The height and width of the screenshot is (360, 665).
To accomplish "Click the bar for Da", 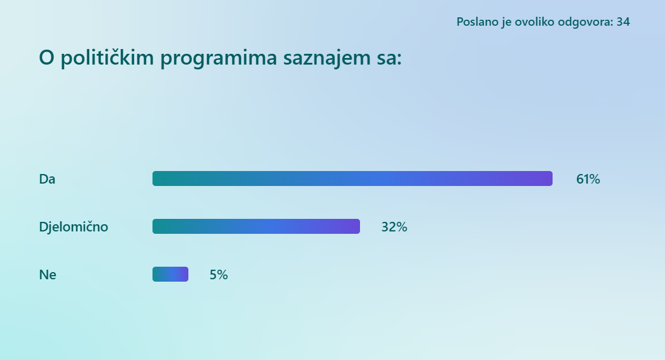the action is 352,179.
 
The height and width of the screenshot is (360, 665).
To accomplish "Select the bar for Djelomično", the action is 256,227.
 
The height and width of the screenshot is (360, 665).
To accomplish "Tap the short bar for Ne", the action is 170,274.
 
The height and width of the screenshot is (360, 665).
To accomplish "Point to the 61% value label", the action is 588,179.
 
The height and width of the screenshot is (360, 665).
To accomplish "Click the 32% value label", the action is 394,227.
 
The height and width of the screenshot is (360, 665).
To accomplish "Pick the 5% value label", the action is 218,274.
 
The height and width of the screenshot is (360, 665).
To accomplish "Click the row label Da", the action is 47,179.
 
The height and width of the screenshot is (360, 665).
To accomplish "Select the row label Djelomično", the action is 74,227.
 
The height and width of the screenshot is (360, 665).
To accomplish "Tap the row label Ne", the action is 47,274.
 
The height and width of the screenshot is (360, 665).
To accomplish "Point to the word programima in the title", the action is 218,59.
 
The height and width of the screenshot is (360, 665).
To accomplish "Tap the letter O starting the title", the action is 47,57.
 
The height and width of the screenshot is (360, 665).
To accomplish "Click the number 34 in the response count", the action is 623,22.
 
